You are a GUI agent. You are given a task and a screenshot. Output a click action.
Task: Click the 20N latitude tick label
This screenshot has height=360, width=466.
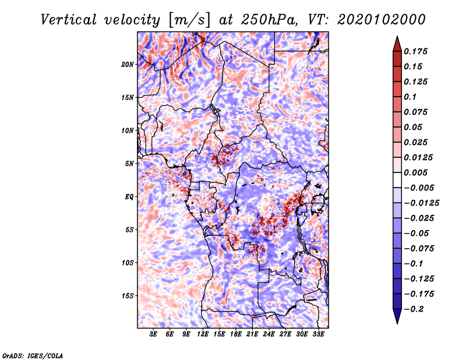click(128, 64)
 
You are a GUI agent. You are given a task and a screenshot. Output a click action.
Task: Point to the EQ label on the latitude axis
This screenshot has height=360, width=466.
click(129, 197)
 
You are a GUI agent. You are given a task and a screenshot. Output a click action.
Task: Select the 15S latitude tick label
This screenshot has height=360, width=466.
click(128, 296)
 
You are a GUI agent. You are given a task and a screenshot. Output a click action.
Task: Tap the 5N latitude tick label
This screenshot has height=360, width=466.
click(129, 164)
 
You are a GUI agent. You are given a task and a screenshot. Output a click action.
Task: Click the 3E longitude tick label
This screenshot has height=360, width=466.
click(153, 335)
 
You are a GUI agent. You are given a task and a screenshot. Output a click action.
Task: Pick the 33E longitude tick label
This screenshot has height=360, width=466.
click(318, 335)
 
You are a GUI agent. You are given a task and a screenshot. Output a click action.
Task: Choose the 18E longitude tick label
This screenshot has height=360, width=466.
click(236, 335)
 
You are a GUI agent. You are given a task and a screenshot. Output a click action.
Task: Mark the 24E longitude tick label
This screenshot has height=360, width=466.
click(269, 335)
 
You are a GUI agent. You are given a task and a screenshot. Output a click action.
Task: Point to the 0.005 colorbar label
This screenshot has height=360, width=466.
click(416, 172)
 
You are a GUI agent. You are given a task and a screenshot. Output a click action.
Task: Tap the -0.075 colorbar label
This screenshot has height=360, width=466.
click(419, 248)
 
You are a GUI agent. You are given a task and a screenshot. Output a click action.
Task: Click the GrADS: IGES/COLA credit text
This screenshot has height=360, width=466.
click(32, 355)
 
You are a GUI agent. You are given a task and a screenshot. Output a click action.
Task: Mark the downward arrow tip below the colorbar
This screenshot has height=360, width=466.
click(397, 321)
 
